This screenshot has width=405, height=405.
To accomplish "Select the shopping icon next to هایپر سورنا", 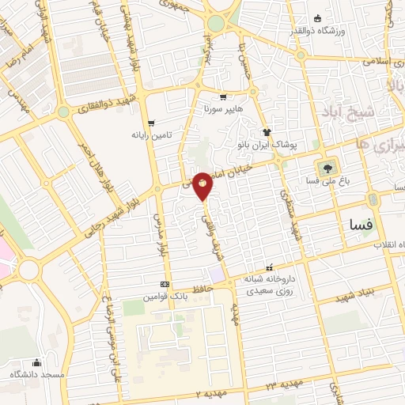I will click(224, 98).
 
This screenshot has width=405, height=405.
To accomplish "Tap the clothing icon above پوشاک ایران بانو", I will click(267, 133).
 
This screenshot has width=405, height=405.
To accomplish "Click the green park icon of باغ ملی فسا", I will click(325, 167).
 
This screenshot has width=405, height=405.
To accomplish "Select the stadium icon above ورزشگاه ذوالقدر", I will click(318, 18).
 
